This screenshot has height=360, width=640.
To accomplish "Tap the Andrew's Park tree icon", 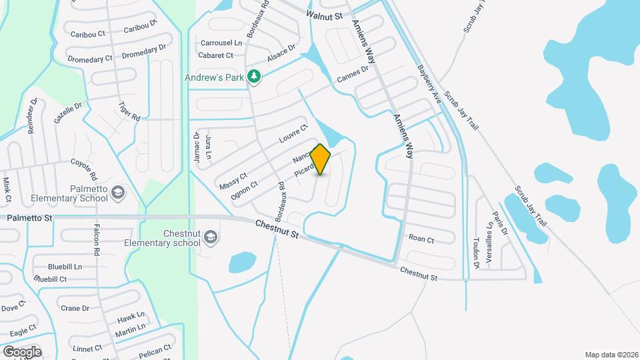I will [x=253, y=77].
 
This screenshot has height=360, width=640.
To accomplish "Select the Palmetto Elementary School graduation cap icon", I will [x=118, y=193].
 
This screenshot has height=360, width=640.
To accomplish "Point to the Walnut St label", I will [x=324, y=15].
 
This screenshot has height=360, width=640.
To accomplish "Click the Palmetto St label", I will [x=29, y=218].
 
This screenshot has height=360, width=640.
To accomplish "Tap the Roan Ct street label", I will [x=421, y=239].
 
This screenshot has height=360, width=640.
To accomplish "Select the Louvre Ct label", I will [x=294, y=135].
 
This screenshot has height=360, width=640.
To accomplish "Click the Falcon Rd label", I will [x=97, y=241].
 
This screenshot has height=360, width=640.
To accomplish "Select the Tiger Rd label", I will [x=129, y=111].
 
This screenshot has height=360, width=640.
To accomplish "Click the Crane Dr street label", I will [x=75, y=308].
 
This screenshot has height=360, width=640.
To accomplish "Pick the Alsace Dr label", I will [x=281, y=53].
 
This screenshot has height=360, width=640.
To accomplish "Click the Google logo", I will [x=21, y=351].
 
